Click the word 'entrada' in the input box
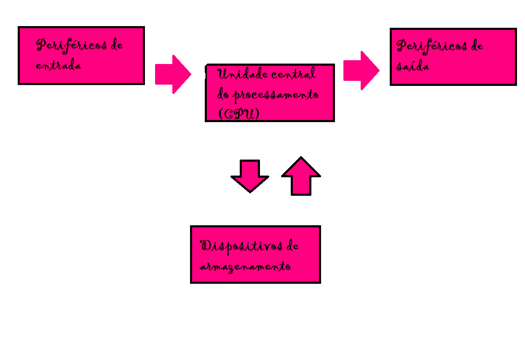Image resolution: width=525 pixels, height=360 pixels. (x=59, y=66)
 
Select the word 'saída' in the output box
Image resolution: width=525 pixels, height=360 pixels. (x=412, y=67)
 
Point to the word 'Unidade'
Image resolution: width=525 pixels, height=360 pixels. (x=237, y=75)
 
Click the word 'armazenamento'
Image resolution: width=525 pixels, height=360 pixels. (x=245, y=267)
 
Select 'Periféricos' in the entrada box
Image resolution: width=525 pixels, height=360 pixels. (x=71, y=45)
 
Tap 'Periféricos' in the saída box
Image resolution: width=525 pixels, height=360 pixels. (x=431, y=46)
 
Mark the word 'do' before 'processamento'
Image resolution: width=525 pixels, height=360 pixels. (x=223, y=94)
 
